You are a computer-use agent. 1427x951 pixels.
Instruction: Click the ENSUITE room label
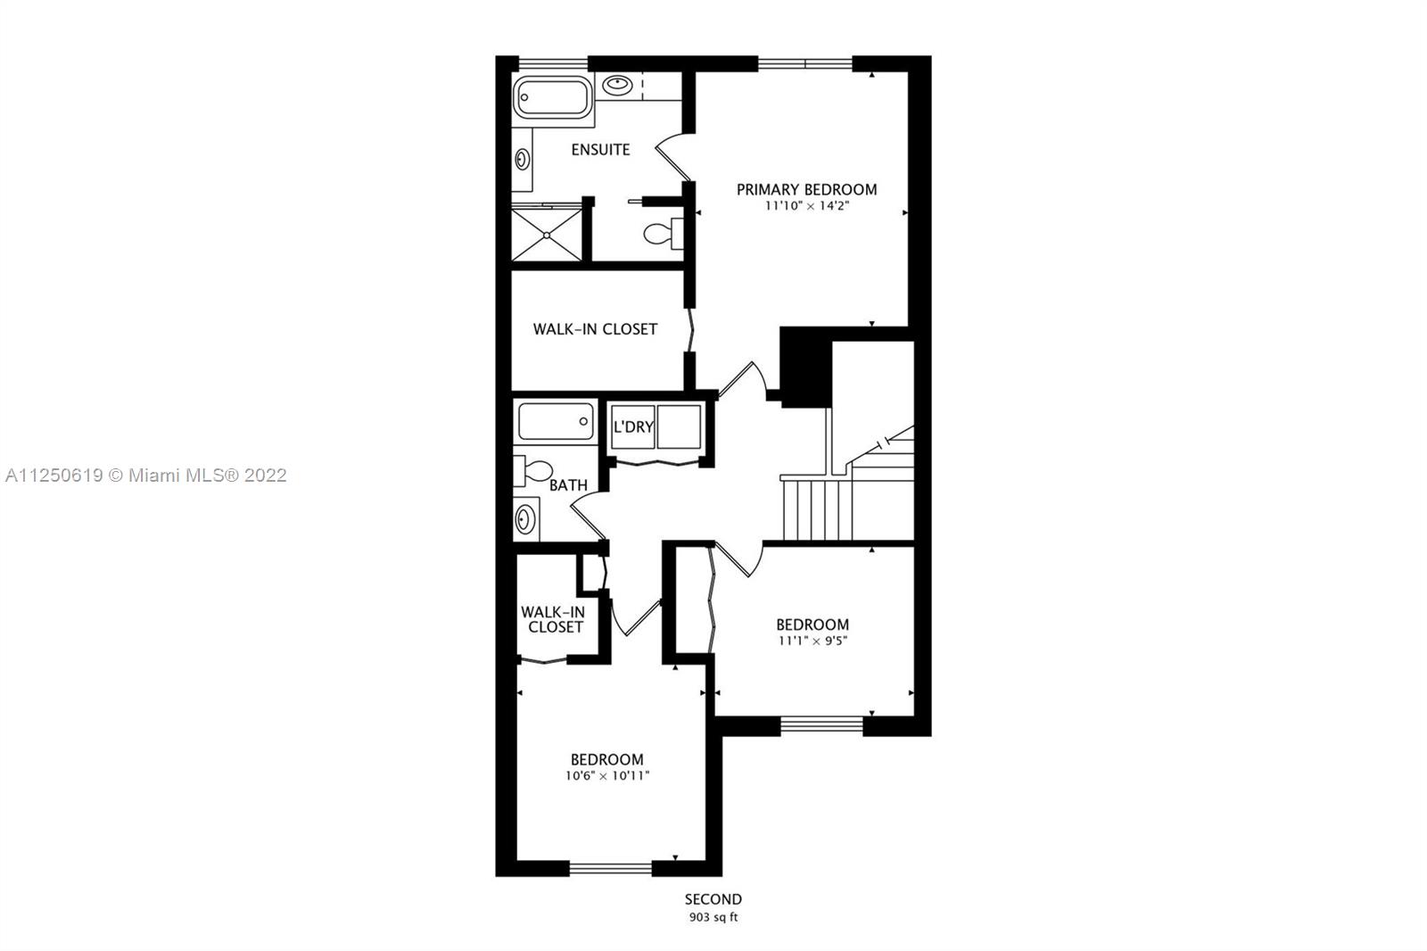click(600, 150)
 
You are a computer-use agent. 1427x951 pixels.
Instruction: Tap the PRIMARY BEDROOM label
click(806, 189)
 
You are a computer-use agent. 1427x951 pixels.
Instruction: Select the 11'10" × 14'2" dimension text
click(806, 206)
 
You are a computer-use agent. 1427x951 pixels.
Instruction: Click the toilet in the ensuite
click(658, 234)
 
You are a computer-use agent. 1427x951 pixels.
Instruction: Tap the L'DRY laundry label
click(633, 426)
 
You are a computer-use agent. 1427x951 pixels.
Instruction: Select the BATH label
click(568, 485)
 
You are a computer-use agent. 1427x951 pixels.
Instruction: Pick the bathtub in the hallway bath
click(556, 421)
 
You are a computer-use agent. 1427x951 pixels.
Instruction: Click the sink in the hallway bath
click(526, 518)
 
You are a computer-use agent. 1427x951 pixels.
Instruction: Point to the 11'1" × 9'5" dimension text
click(812, 641)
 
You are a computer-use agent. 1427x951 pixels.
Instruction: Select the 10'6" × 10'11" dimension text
click(606, 776)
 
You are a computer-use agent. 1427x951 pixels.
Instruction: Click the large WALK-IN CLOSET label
click(595, 329)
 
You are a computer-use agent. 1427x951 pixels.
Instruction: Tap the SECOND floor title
click(713, 899)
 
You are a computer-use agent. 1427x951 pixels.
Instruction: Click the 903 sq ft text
click(713, 917)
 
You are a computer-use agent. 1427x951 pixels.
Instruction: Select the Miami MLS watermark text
click(145, 475)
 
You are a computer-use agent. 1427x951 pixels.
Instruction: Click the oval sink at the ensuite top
click(617, 86)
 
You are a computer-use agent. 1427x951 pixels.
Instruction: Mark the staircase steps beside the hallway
click(816, 509)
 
